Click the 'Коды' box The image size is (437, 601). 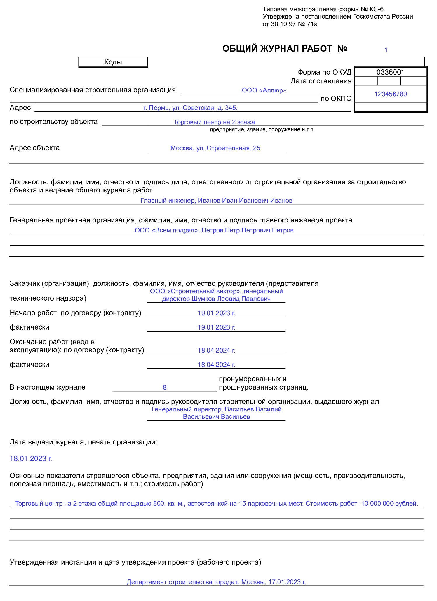(113, 62)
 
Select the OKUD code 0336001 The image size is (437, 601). (390, 72)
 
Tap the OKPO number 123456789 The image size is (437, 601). (391, 94)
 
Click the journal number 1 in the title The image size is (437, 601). (386, 50)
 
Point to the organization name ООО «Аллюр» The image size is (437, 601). (264, 90)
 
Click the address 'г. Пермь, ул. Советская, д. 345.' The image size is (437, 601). (190, 108)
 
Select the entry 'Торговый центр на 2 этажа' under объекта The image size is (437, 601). (214, 122)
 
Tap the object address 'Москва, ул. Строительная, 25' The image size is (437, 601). (215, 148)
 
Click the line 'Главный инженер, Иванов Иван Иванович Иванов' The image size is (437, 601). (216, 201)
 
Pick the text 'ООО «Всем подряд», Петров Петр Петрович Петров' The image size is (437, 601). (214, 230)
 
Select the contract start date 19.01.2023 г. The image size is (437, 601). (216, 313)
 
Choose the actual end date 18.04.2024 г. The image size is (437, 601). (216, 365)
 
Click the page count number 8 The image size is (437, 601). (165, 388)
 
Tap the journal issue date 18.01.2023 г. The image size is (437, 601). (31, 459)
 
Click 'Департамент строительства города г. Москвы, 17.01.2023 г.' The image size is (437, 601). (216, 582)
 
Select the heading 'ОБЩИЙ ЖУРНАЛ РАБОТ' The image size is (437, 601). (277, 49)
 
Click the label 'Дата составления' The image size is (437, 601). (321, 81)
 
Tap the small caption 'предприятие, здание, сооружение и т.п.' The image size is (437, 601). (262, 129)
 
